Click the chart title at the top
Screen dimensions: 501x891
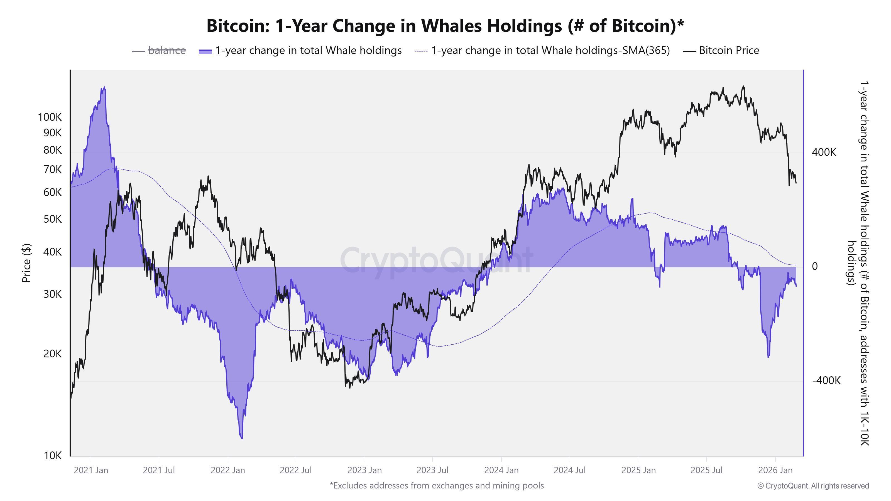click(445, 26)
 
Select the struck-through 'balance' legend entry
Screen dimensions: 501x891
click(167, 50)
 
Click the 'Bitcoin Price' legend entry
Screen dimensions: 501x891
click(729, 50)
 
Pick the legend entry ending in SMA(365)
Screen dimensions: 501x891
click(550, 50)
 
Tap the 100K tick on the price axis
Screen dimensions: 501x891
click(50, 117)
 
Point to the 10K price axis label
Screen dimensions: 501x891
click(53, 456)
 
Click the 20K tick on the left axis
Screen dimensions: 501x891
click(53, 354)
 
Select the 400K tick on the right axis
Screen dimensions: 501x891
click(824, 152)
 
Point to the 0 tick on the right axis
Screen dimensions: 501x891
click(815, 266)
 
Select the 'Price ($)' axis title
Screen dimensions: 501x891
click(26, 263)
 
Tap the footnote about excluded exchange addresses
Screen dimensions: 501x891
click(437, 485)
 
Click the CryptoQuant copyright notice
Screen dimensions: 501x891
click(813, 486)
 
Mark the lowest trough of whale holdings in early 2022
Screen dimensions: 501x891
click(241, 438)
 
